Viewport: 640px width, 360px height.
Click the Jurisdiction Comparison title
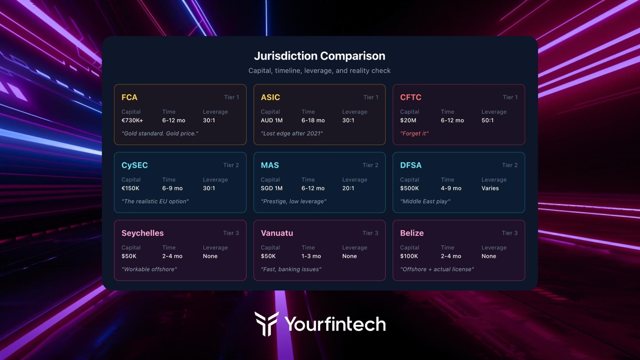(319, 56)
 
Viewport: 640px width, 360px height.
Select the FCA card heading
(129, 97)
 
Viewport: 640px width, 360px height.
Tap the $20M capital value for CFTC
(408, 120)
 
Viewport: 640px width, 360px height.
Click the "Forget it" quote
(414, 133)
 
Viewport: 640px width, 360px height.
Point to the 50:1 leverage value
(487, 120)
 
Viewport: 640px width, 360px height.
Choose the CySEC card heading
(135, 165)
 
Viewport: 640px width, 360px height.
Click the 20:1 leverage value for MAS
(348, 188)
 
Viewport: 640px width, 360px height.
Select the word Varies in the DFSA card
(490, 188)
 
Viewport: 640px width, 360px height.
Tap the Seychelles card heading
(142, 233)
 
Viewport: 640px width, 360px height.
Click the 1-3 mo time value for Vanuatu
(311, 256)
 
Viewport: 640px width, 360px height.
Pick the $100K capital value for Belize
(409, 256)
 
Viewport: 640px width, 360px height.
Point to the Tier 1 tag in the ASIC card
(371, 97)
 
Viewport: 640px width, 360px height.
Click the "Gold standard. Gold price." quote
(160, 133)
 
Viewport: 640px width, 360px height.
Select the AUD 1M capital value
(271, 120)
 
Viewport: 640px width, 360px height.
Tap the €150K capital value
(130, 188)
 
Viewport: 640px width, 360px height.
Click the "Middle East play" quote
(425, 201)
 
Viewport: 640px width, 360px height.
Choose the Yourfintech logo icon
(266, 323)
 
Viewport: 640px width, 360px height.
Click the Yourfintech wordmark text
(335, 324)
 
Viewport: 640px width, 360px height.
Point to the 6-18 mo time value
(313, 120)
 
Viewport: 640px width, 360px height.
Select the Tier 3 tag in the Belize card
(509, 233)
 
